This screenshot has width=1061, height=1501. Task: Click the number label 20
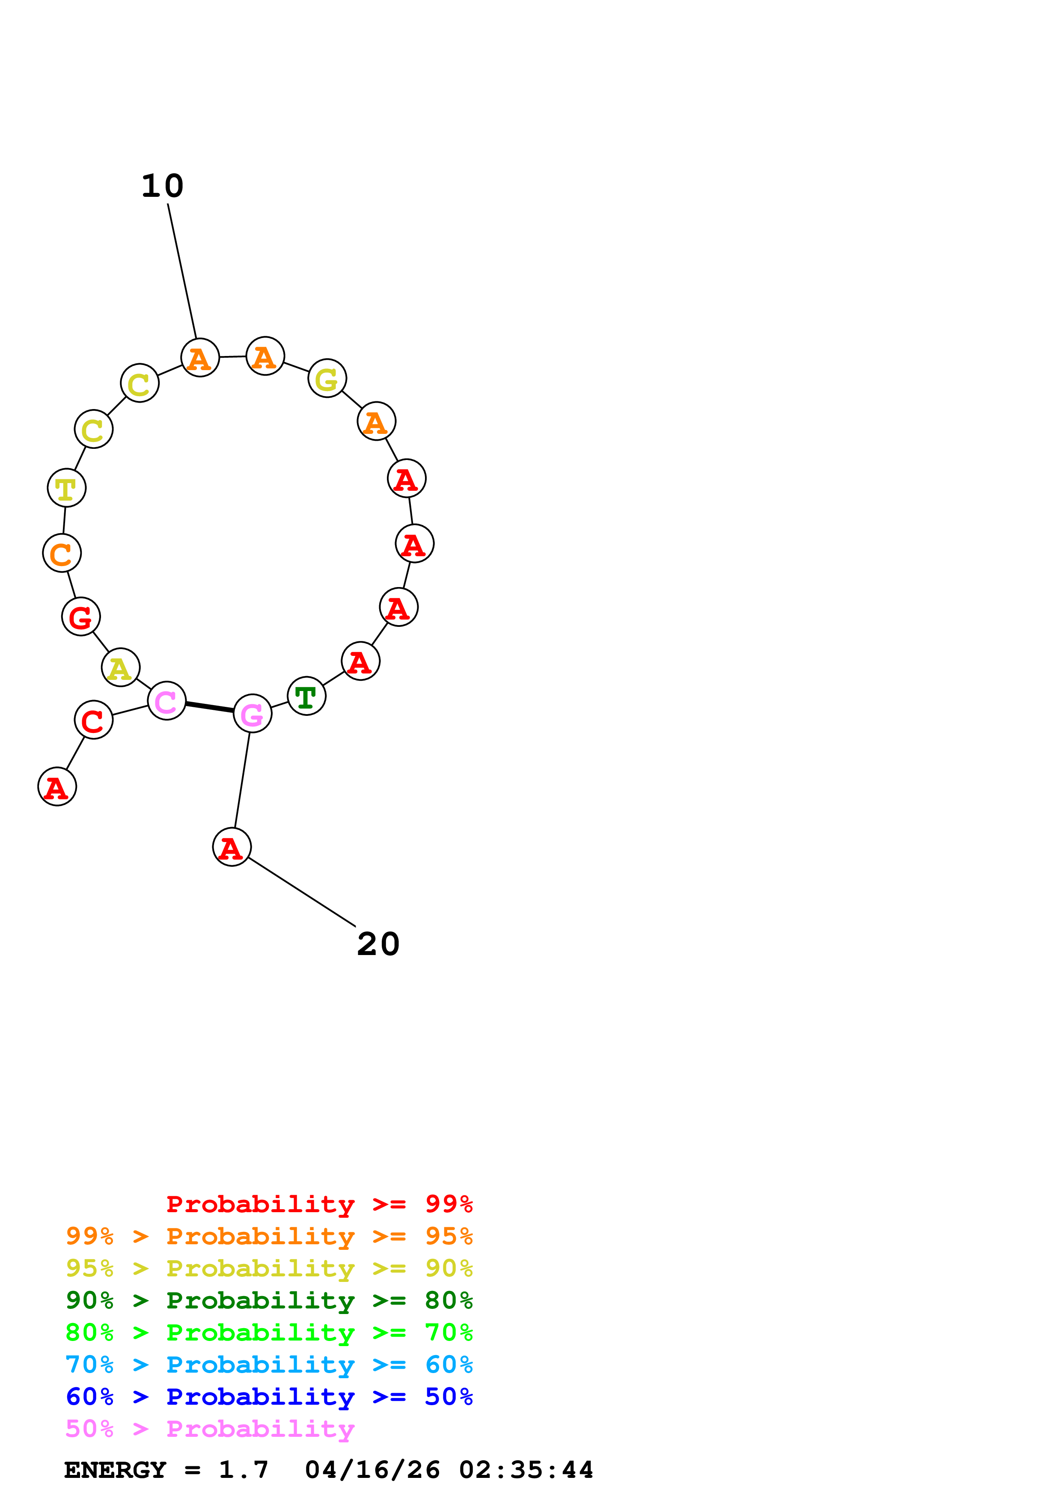tap(378, 944)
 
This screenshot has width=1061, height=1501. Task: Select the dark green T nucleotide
tap(306, 696)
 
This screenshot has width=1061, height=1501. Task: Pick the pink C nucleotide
tap(166, 701)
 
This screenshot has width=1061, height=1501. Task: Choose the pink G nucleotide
tap(253, 714)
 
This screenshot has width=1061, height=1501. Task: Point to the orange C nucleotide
tap(62, 553)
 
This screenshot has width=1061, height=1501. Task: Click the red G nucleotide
tap(81, 617)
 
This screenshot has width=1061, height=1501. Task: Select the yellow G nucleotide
tap(327, 379)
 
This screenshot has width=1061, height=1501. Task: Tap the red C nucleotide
tap(93, 720)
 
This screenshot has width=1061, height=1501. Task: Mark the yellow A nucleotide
tap(120, 668)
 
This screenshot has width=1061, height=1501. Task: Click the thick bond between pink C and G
tap(209, 707)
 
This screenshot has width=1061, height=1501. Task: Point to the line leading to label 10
tap(182, 271)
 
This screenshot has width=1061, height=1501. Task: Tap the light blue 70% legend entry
tap(269, 1365)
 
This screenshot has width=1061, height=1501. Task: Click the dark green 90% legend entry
tap(269, 1300)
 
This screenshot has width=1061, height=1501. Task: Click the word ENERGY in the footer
tap(115, 1470)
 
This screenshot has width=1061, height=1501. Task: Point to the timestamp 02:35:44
tap(526, 1470)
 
